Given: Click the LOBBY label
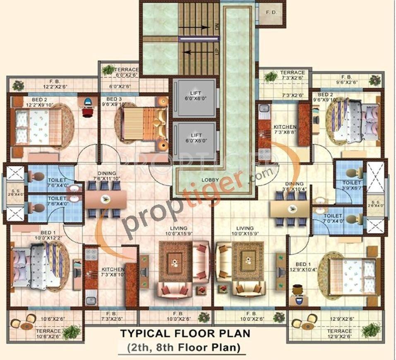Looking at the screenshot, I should (211, 180).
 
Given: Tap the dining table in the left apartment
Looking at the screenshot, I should (106, 200).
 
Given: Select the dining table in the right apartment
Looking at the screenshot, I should (290, 209).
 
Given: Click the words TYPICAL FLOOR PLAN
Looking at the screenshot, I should (185, 333).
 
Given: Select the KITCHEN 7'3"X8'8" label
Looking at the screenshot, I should (285, 129).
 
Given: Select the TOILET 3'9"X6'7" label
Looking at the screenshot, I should (352, 185).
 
